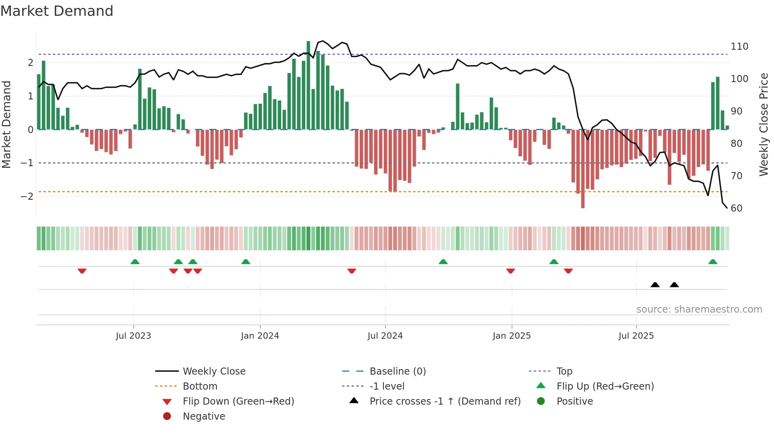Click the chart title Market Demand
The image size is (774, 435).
(x=57, y=11)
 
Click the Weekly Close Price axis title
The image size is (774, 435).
(x=764, y=124)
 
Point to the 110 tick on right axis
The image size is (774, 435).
(x=739, y=47)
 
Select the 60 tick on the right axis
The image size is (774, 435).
(x=736, y=208)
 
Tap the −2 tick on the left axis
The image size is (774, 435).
(x=27, y=197)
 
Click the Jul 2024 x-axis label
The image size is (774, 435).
(x=385, y=336)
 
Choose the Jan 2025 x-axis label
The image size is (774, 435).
(x=511, y=336)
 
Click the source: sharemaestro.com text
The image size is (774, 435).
(x=699, y=309)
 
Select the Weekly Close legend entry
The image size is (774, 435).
(x=214, y=371)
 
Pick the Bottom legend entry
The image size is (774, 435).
(x=200, y=386)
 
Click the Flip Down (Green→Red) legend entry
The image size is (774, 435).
(x=238, y=401)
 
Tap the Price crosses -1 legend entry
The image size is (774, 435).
(x=445, y=401)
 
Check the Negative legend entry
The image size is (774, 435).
(x=204, y=416)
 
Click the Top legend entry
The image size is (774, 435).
(x=564, y=371)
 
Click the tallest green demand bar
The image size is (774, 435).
(x=308, y=85)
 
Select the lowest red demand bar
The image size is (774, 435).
(x=583, y=169)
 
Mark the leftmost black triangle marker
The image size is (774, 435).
(x=655, y=285)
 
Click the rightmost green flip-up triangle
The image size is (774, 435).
(x=713, y=262)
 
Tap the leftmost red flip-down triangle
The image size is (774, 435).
(x=82, y=271)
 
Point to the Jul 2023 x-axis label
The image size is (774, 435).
(x=133, y=336)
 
